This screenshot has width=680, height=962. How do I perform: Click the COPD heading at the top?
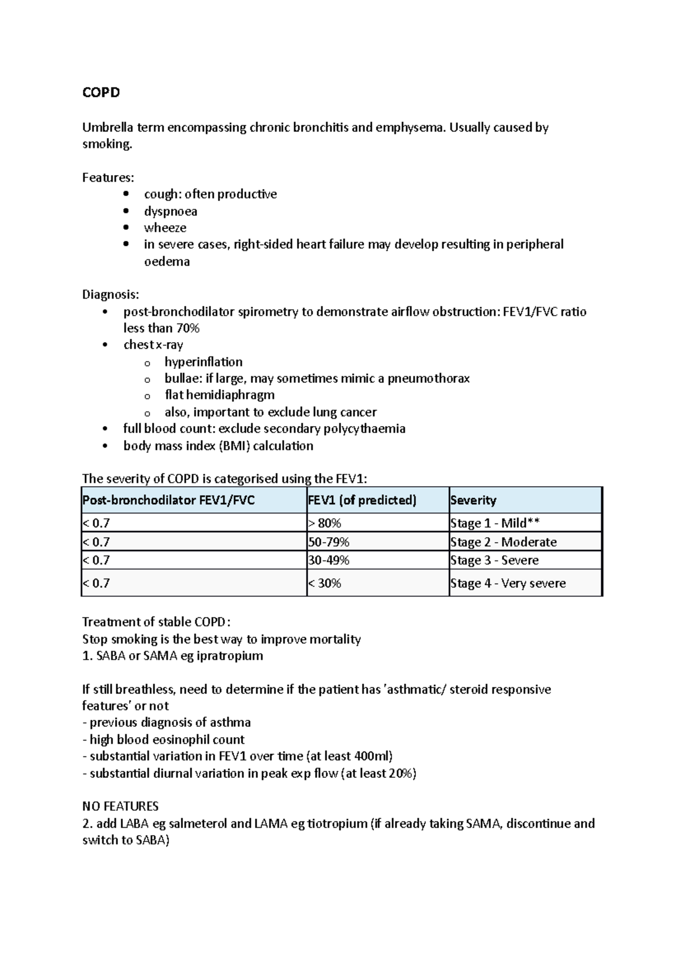coord(101,92)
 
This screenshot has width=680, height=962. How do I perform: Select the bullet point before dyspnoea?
coord(126,211)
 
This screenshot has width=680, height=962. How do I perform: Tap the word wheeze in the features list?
coord(165,228)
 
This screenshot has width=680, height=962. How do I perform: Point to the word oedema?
coord(167,262)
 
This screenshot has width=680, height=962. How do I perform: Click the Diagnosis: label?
coord(110,295)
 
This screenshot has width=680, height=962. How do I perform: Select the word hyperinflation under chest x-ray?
coord(203,362)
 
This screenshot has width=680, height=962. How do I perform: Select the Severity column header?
coord(473,500)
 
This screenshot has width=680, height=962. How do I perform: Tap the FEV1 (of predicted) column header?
coord(362,500)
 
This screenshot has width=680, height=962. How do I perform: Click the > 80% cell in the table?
coord(325,523)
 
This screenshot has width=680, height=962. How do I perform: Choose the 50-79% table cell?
coord(329,542)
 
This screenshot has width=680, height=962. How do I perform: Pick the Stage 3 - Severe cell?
coord(494,560)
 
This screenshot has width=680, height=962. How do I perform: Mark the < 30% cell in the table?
coord(325,584)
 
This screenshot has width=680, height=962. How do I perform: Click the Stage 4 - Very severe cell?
coord(508,584)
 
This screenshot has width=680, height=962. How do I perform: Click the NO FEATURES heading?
coord(120,806)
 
